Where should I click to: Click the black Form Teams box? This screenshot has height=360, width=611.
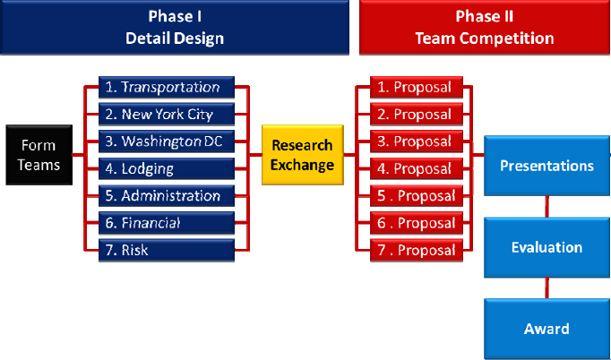pyautogui.click(x=39, y=155)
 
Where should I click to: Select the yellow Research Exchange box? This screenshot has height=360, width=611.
pyautogui.click(x=303, y=155)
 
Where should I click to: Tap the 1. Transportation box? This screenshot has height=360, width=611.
pyautogui.click(x=167, y=87)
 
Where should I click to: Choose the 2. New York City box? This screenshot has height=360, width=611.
pyautogui.click(x=167, y=114)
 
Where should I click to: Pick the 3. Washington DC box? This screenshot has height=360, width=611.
pyautogui.click(x=167, y=141)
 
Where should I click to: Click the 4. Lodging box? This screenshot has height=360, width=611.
pyautogui.click(x=167, y=168)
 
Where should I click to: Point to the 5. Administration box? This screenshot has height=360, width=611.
pyautogui.click(x=167, y=195)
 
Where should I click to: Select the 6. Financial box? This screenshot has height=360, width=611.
pyautogui.click(x=167, y=222)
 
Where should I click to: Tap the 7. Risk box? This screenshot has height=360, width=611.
pyautogui.click(x=167, y=250)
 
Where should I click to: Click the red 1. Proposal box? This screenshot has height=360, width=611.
pyautogui.click(x=417, y=87)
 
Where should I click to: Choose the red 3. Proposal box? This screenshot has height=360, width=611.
pyautogui.click(x=417, y=141)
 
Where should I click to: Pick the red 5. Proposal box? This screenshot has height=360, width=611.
pyautogui.click(x=417, y=195)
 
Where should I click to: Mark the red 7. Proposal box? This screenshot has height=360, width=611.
pyautogui.click(x=417, y=250)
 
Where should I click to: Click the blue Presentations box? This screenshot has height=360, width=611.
pyautogui.click(x=546, y=165)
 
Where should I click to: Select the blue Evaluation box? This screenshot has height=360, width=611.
pyautogui.click(x=546, y=247)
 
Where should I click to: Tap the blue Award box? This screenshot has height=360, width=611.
pyautogui.click(x=546, y=329)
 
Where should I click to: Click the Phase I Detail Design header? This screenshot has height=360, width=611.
pyautogui.click(x=175, y=27)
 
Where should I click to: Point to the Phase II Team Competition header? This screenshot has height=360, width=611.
pyautogui.click(x=485, y=27)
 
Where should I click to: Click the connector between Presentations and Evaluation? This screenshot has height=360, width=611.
pyautogui.click(x=546, y=207)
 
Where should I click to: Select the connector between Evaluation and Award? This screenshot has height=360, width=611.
pyautogui.click(x=546, y=288)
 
